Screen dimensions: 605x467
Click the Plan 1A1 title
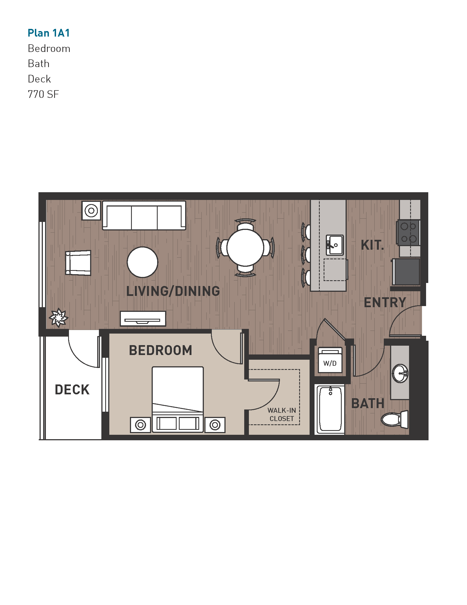point(49,33)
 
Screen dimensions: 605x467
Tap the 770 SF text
point(43,94)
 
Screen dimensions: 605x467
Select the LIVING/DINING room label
point(173,291)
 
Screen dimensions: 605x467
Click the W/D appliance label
point(330,363)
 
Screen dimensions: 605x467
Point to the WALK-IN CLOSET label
point(282,414)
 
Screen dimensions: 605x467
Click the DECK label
point(72,390)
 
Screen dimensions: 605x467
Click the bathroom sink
point(400,373)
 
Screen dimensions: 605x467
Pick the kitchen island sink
point(335,245)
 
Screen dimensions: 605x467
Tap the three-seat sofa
point(144,216)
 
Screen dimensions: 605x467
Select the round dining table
point(245,248)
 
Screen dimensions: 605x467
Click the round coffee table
point(143,262)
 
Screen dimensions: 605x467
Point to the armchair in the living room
point(78,263)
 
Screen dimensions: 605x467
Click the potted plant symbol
point(58,317)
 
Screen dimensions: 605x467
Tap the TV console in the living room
point(143,318)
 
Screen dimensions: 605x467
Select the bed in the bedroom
point(178,399)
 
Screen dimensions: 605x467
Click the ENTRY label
point(385,302)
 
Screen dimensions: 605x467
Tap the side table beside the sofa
point(91,211)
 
